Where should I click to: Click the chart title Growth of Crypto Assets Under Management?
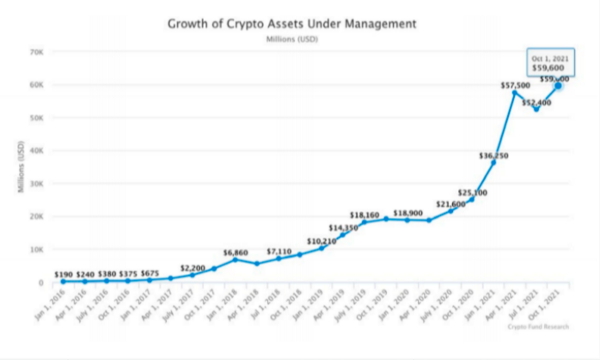point(291,24)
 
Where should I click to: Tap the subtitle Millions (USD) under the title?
point(292,40)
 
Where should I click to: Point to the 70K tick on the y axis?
point(37,52)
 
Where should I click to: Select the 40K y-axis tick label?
point(37,150)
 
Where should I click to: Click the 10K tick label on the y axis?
point(37,249)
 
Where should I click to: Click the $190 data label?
point(64,274)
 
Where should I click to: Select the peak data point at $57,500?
point(514,93)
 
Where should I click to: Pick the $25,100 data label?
point(473,192)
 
